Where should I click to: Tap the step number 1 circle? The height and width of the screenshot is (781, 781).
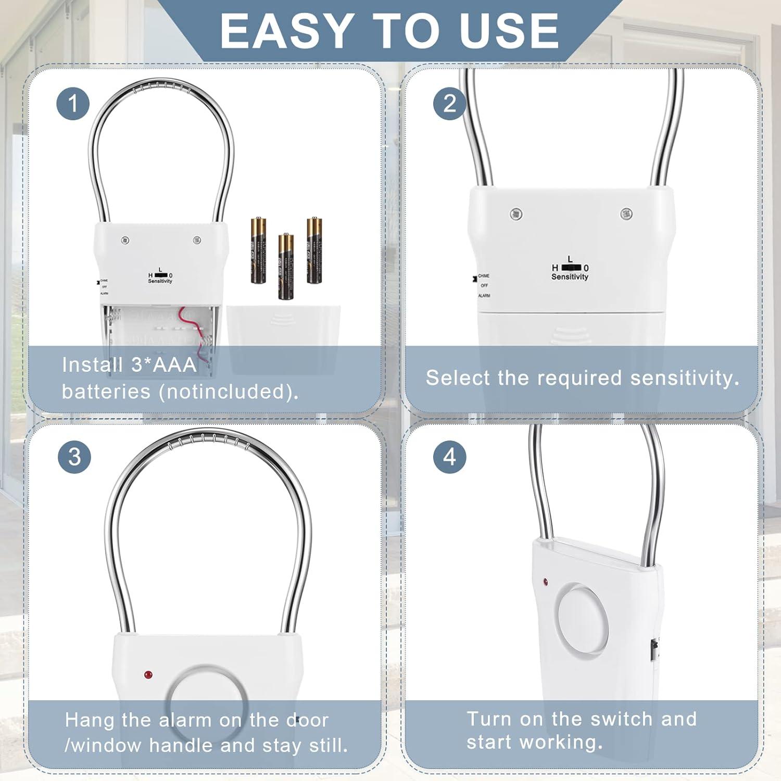coord(73,103)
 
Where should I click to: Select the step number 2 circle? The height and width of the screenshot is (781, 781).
coord(449,103)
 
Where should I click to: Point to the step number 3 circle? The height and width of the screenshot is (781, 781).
coord(74,457)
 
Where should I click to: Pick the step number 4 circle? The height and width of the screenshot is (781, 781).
coord(449,457)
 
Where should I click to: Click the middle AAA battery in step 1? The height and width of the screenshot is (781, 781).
coord(285,266)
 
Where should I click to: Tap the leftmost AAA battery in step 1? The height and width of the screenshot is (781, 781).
coord(258,250)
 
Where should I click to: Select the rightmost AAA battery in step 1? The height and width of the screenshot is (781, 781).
coord(314,250)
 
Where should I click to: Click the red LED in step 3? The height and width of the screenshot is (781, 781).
coord(148,675)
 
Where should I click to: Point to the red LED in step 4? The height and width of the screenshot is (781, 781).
coord(545,581)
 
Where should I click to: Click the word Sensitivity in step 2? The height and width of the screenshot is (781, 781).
coord(570,277)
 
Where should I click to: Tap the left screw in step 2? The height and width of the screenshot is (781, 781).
coord(516,213)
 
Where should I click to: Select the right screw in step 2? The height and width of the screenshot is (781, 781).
coord(626,213)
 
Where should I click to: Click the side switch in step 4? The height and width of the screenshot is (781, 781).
coord(653,651)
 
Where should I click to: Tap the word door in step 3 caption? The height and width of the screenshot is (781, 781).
coord(307,720)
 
